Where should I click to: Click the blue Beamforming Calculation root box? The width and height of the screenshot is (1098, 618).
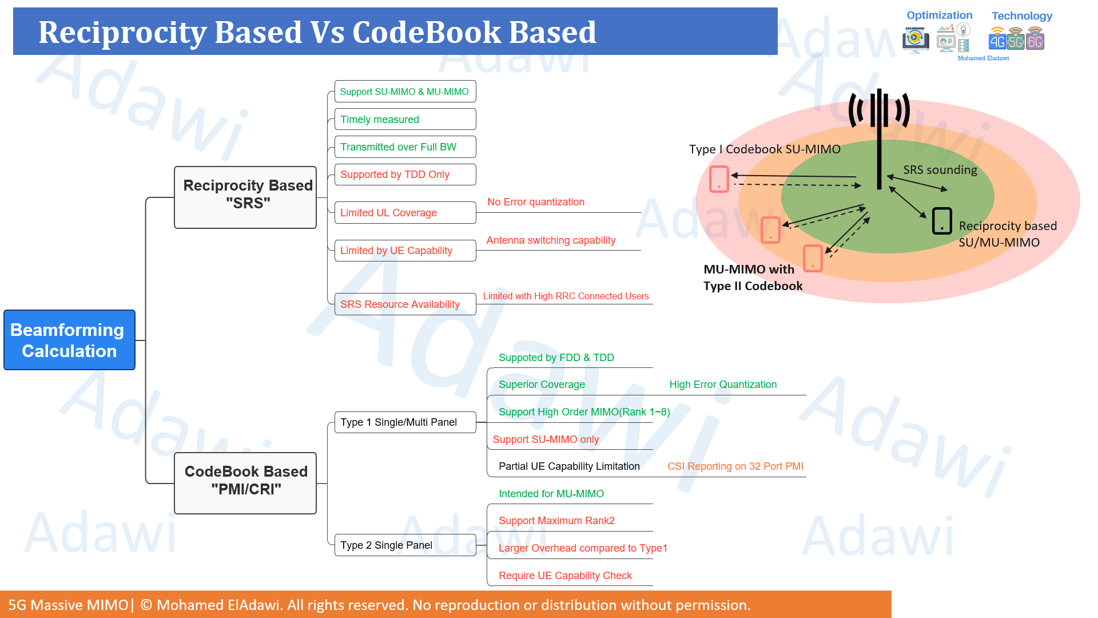click(69, 340)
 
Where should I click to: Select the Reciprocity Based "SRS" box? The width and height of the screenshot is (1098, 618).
click(245, 197)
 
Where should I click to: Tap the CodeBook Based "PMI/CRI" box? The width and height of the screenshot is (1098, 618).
click(245, 483)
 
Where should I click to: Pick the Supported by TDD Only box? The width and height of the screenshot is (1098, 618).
click(405, 175)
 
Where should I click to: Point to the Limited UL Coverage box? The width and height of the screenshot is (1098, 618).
click(405, 212)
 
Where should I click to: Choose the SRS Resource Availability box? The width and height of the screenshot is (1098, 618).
click(405, 304)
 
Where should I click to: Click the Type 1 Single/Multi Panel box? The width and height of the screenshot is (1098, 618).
click(405, 422)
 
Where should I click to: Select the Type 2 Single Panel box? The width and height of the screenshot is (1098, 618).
click(405, 545)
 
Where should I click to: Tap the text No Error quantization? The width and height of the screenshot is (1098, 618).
click(536, 202)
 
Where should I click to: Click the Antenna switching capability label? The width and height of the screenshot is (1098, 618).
click(551, 240)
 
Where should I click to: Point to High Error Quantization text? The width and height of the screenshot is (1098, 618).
click(723, 385)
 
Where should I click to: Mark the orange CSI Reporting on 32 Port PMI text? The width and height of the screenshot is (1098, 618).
click(735, 466)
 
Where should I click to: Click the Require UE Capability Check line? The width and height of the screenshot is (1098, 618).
click(565, 576)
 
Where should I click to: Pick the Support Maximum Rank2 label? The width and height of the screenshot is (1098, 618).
click(556, 521)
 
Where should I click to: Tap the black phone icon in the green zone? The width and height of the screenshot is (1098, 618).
click(942, 221)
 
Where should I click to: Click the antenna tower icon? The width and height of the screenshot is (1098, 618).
click(879, 137)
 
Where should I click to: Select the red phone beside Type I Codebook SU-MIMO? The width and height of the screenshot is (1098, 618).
click(719, 179)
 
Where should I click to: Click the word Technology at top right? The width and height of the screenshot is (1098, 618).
click(1021, 16)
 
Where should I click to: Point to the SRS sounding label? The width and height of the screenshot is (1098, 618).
click(940, 170)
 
